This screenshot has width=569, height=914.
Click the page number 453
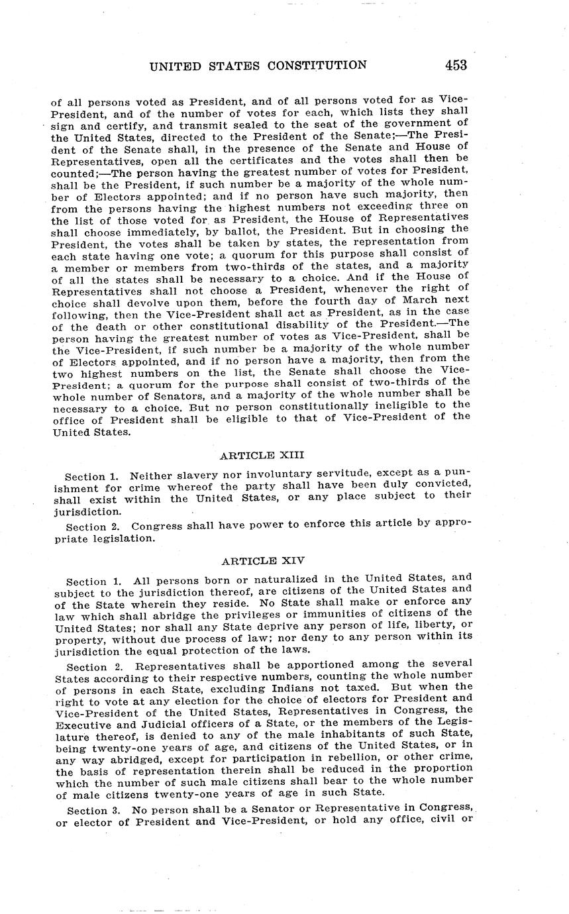point(456,65)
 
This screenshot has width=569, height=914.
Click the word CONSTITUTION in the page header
point(317,65)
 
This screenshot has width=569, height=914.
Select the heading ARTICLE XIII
point(262,455)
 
